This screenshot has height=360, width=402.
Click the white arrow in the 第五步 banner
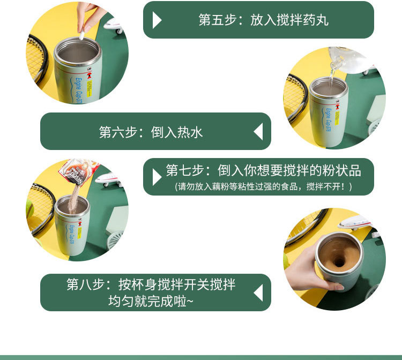(x=157, y=20)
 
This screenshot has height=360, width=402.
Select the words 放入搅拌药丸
(x=289, y=20)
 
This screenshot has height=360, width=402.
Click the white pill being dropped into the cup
(x=83, y=36)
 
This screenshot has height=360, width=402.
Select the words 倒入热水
(x=177, y=132)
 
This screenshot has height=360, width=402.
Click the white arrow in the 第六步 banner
(x=258, y=132)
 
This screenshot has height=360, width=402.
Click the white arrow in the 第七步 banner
(x=157, y=177)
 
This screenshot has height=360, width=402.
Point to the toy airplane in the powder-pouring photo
(x=110, y=179)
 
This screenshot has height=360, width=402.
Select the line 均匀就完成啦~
(x=151, y=302)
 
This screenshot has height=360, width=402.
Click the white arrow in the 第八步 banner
(x=258, y=293)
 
